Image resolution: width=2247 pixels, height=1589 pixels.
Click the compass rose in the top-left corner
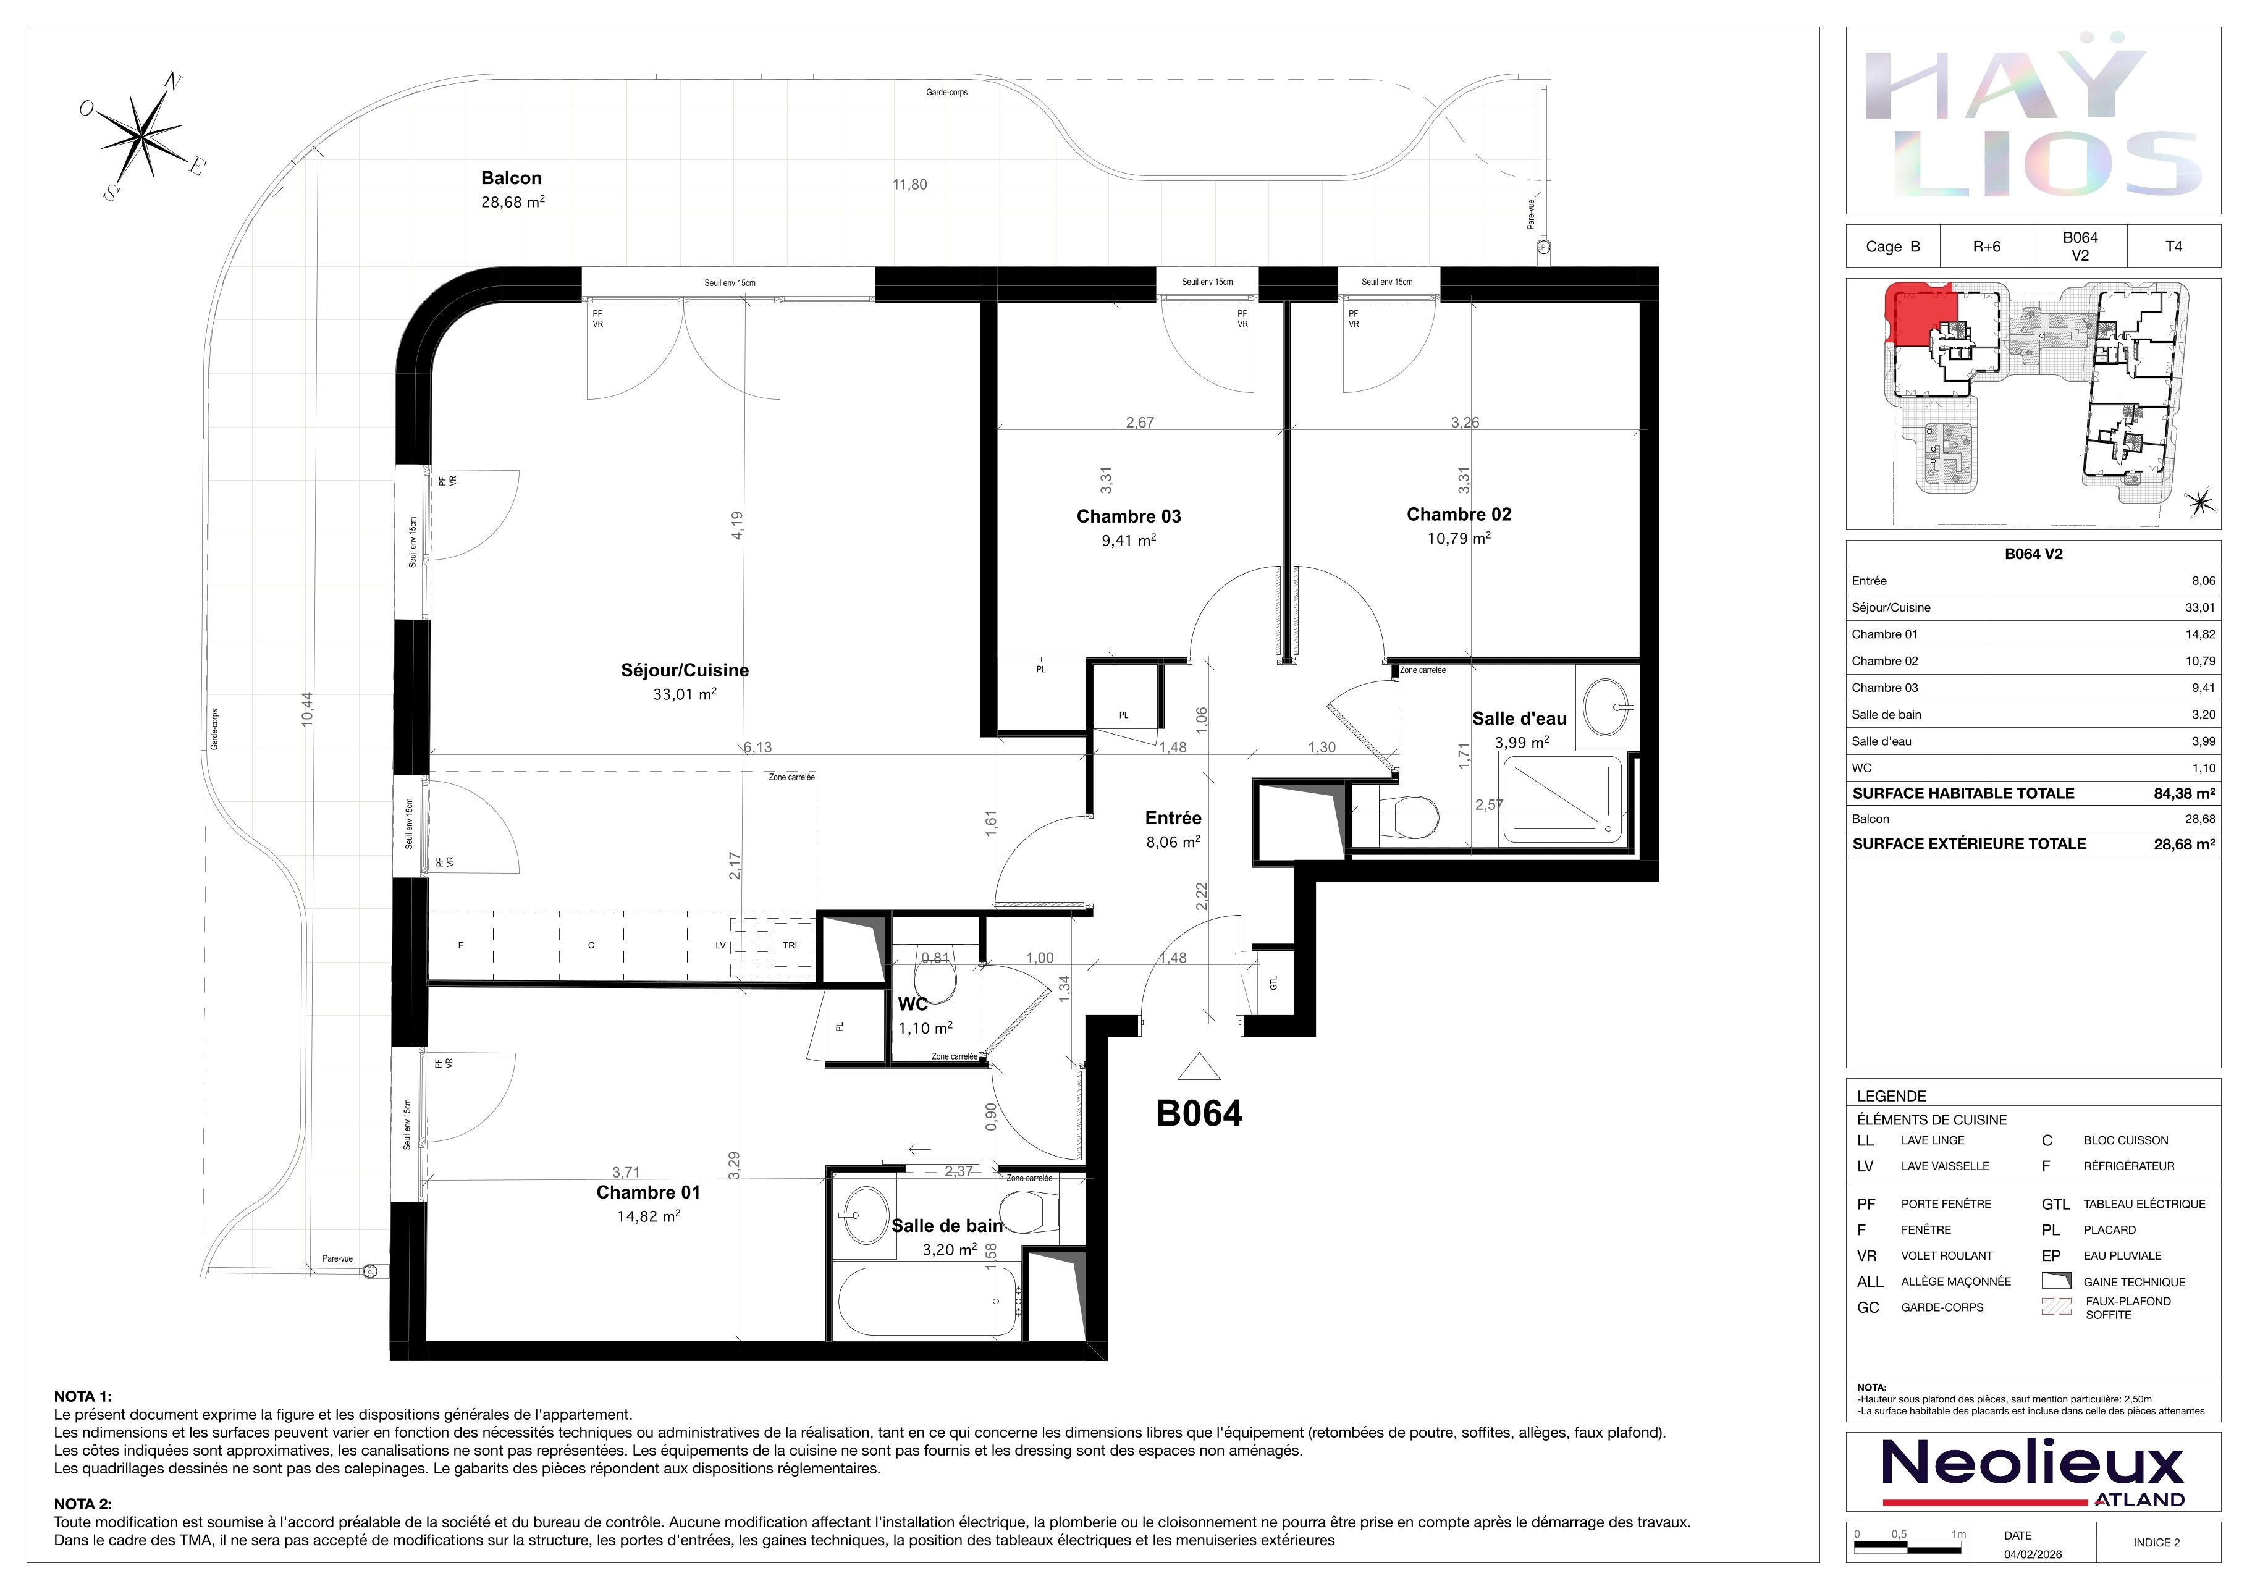143,136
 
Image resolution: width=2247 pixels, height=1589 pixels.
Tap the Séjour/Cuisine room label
685,670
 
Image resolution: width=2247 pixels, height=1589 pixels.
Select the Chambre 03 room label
1128,516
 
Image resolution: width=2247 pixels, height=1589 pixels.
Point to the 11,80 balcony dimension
909,184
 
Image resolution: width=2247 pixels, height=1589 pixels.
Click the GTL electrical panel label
1273,982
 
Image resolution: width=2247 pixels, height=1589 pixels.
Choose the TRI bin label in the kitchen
790,945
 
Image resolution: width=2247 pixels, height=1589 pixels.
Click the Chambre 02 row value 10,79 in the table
2200,660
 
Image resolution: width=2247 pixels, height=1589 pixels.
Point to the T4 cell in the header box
2173,247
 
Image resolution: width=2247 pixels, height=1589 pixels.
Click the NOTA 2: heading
83,1504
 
